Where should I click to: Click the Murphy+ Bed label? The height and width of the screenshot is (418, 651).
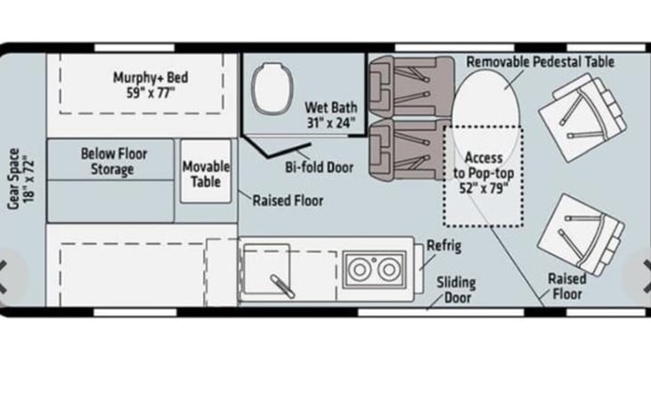point(151,84)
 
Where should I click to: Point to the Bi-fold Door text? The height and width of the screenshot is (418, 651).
point(320,167)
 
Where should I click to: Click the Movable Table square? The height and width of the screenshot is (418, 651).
point(207,173)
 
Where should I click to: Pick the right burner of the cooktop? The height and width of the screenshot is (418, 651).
point(388,269)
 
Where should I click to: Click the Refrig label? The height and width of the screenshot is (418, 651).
point(443,246)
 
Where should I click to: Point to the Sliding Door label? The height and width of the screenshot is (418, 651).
point(455,290)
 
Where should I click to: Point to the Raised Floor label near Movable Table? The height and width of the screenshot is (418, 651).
point(287,201)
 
